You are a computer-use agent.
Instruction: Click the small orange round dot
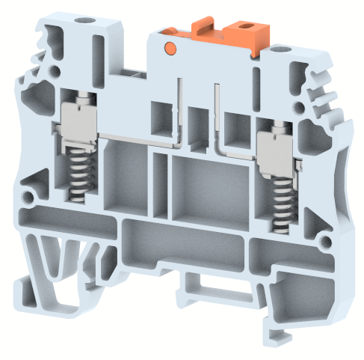point(170,49)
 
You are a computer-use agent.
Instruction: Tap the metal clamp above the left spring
point(79,120)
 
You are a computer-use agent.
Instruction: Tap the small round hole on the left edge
point(28,199)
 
